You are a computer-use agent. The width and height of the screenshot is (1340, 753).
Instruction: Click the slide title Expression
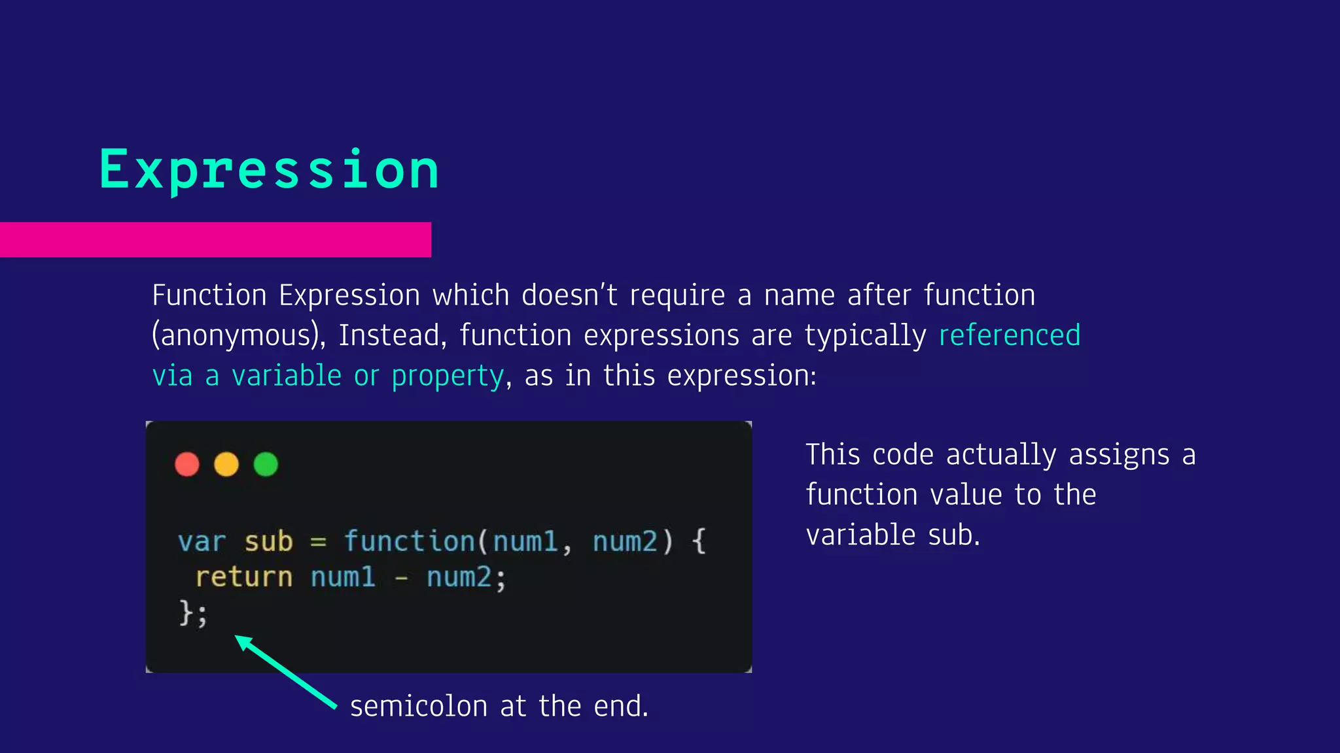[x=269, y=170]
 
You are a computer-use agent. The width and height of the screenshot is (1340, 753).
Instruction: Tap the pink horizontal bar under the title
[x=215, y=239]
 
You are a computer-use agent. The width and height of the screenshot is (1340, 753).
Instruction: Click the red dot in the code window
[x=187, y=465]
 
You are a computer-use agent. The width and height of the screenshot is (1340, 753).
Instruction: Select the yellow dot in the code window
[x=226, y=465]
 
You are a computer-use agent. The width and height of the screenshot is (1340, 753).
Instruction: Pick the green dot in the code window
[x=266, y=465]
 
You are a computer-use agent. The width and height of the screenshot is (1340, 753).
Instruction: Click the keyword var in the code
[x=202, y=543]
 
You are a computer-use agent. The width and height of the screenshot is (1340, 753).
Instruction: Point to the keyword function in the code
[x=410, y=541]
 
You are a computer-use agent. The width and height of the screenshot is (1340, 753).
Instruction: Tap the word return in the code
[x=243, y=577]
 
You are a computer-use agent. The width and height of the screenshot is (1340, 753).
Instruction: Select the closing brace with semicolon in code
[x=193, y=613]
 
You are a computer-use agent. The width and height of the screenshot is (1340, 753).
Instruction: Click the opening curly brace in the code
[x=699, y=541]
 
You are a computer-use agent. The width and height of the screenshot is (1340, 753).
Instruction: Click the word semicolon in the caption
[x=419, y=707]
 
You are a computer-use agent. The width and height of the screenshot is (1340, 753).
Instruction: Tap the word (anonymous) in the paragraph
[x=239, y=336]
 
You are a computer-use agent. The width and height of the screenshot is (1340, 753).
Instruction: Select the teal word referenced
[x=1009, y=336]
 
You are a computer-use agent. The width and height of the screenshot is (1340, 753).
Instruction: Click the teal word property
[x=448, y=376]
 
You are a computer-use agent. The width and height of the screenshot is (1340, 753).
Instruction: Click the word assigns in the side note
[x=1119, y=456]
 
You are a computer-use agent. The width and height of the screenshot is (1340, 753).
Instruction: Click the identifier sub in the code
[x=268, y=543]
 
